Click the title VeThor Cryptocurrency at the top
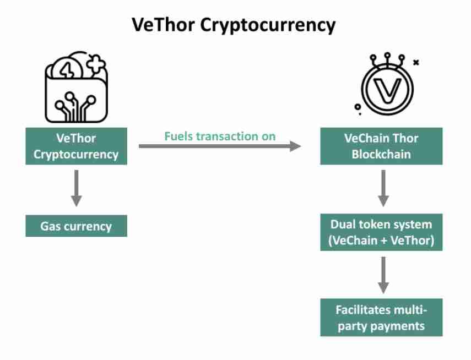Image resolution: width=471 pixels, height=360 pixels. (234, 25)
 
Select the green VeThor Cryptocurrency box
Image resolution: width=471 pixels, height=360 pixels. (76, 146)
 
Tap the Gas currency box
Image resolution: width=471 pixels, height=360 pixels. (76, 226)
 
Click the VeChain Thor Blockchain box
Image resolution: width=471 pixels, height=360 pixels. (381, 146)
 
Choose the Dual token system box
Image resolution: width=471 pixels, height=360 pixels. (381, 232)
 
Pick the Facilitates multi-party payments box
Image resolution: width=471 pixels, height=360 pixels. (381, 318)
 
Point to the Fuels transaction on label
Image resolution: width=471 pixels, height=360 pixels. (220, 136)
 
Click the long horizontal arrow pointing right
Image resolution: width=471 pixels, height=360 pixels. (220, 146)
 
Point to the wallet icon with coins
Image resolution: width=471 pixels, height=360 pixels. (76, 88)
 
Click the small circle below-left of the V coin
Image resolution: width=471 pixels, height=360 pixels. (358, 106)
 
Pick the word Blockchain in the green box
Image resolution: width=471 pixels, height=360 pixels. (381, 154)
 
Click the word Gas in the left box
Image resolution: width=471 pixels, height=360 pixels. (50, 226)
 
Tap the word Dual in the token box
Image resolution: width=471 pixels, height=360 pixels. (342, 224)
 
